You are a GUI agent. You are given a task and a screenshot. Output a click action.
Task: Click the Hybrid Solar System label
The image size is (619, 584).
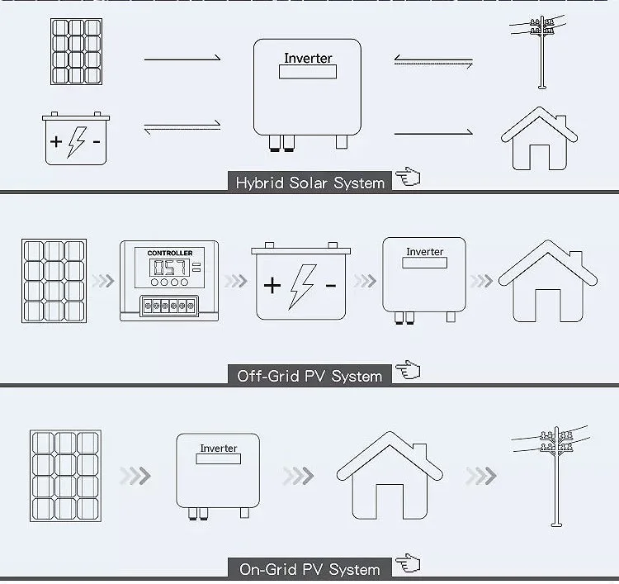[310, 183]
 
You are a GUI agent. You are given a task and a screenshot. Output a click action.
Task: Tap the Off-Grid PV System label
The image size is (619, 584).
[310, 376]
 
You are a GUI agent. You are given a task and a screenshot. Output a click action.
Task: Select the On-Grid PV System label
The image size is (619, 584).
[310, 569]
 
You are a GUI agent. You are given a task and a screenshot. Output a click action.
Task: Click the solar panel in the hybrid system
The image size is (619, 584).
[76, 52]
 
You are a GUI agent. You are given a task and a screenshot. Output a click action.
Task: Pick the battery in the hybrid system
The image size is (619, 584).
[76, 139]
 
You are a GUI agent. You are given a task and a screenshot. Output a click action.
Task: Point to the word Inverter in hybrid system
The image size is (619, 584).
[308, 59]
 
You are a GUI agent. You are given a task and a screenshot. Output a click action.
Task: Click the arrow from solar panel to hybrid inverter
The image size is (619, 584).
[182, 59]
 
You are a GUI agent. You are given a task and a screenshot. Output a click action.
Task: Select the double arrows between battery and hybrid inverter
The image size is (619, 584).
[182, 126]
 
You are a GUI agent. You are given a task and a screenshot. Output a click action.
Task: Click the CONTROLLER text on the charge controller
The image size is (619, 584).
[169, 253]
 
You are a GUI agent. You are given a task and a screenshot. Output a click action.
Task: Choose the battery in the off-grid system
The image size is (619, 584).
[301, 282]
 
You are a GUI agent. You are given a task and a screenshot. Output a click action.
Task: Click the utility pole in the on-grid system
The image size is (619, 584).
[552, 474]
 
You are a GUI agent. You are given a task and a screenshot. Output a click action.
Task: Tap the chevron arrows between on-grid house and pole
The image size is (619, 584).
[480, 476]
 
